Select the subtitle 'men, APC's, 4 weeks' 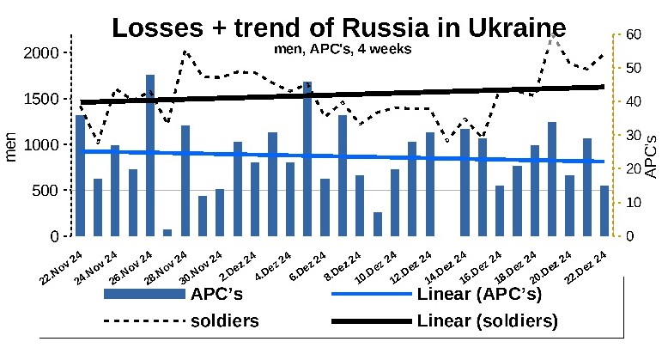(x=331, y=49)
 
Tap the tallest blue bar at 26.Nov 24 (x=150, y=155)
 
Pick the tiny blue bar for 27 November (x=167, y=232)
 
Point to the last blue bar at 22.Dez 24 (x=604, y=211)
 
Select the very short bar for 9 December (x=378, y=224)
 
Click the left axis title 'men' (x=12, y=144)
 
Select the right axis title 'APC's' (x=651, y=155)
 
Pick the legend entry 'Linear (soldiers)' (x=487, y=322)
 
